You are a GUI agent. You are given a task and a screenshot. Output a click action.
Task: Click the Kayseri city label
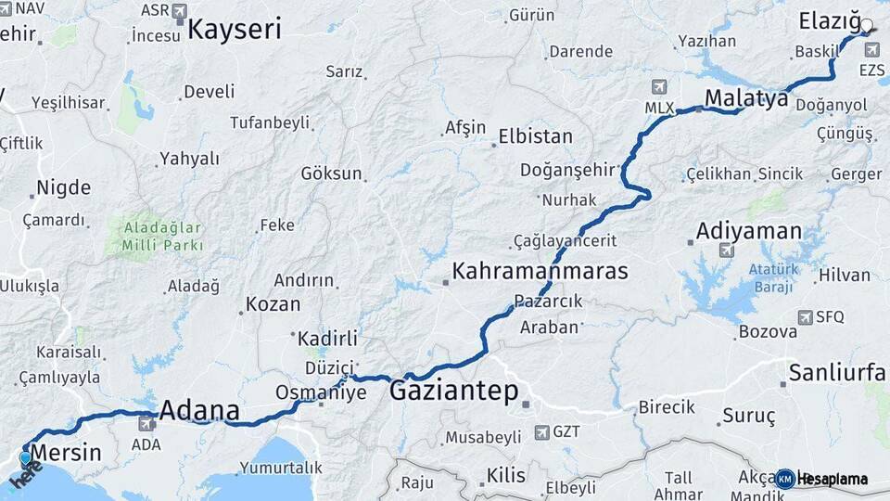point(234,29)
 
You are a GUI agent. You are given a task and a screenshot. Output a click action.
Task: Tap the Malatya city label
point(745,98)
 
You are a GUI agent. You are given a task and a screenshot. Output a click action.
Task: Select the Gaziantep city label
point(453,391)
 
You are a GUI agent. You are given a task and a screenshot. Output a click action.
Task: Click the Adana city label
point(199,410)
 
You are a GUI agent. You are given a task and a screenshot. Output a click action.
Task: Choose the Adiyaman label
point(748,230)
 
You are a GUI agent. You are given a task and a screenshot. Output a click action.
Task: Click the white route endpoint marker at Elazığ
point(867,26)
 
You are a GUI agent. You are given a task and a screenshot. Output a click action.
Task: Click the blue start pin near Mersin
point(25,457)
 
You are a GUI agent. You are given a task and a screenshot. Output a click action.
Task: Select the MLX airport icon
point(659,87)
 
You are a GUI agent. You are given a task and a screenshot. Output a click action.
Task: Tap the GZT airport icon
point(541,432)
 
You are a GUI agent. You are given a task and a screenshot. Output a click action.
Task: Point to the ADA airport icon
point(146,424)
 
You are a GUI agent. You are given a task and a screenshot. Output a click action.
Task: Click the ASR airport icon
point(179,10)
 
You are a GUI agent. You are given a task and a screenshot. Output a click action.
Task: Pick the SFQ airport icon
point(804,316)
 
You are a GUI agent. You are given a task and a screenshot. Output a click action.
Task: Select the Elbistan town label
point(535,136)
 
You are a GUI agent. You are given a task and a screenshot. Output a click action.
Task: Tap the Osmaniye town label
point(298,392)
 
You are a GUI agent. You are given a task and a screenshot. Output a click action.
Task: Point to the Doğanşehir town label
point(567,169)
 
